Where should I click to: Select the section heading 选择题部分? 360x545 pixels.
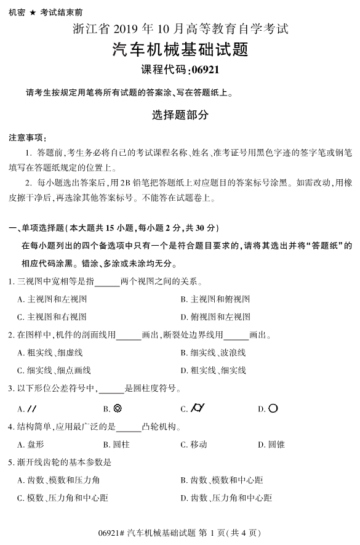(x=180, y=115)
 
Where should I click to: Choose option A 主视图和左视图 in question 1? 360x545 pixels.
(x=53, y=299)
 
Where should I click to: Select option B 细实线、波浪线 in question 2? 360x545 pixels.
(x=214, y=353)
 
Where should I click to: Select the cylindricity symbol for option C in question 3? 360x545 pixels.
(x=198, y=408)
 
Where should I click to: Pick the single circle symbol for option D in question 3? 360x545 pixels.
(x=273, y=408)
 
